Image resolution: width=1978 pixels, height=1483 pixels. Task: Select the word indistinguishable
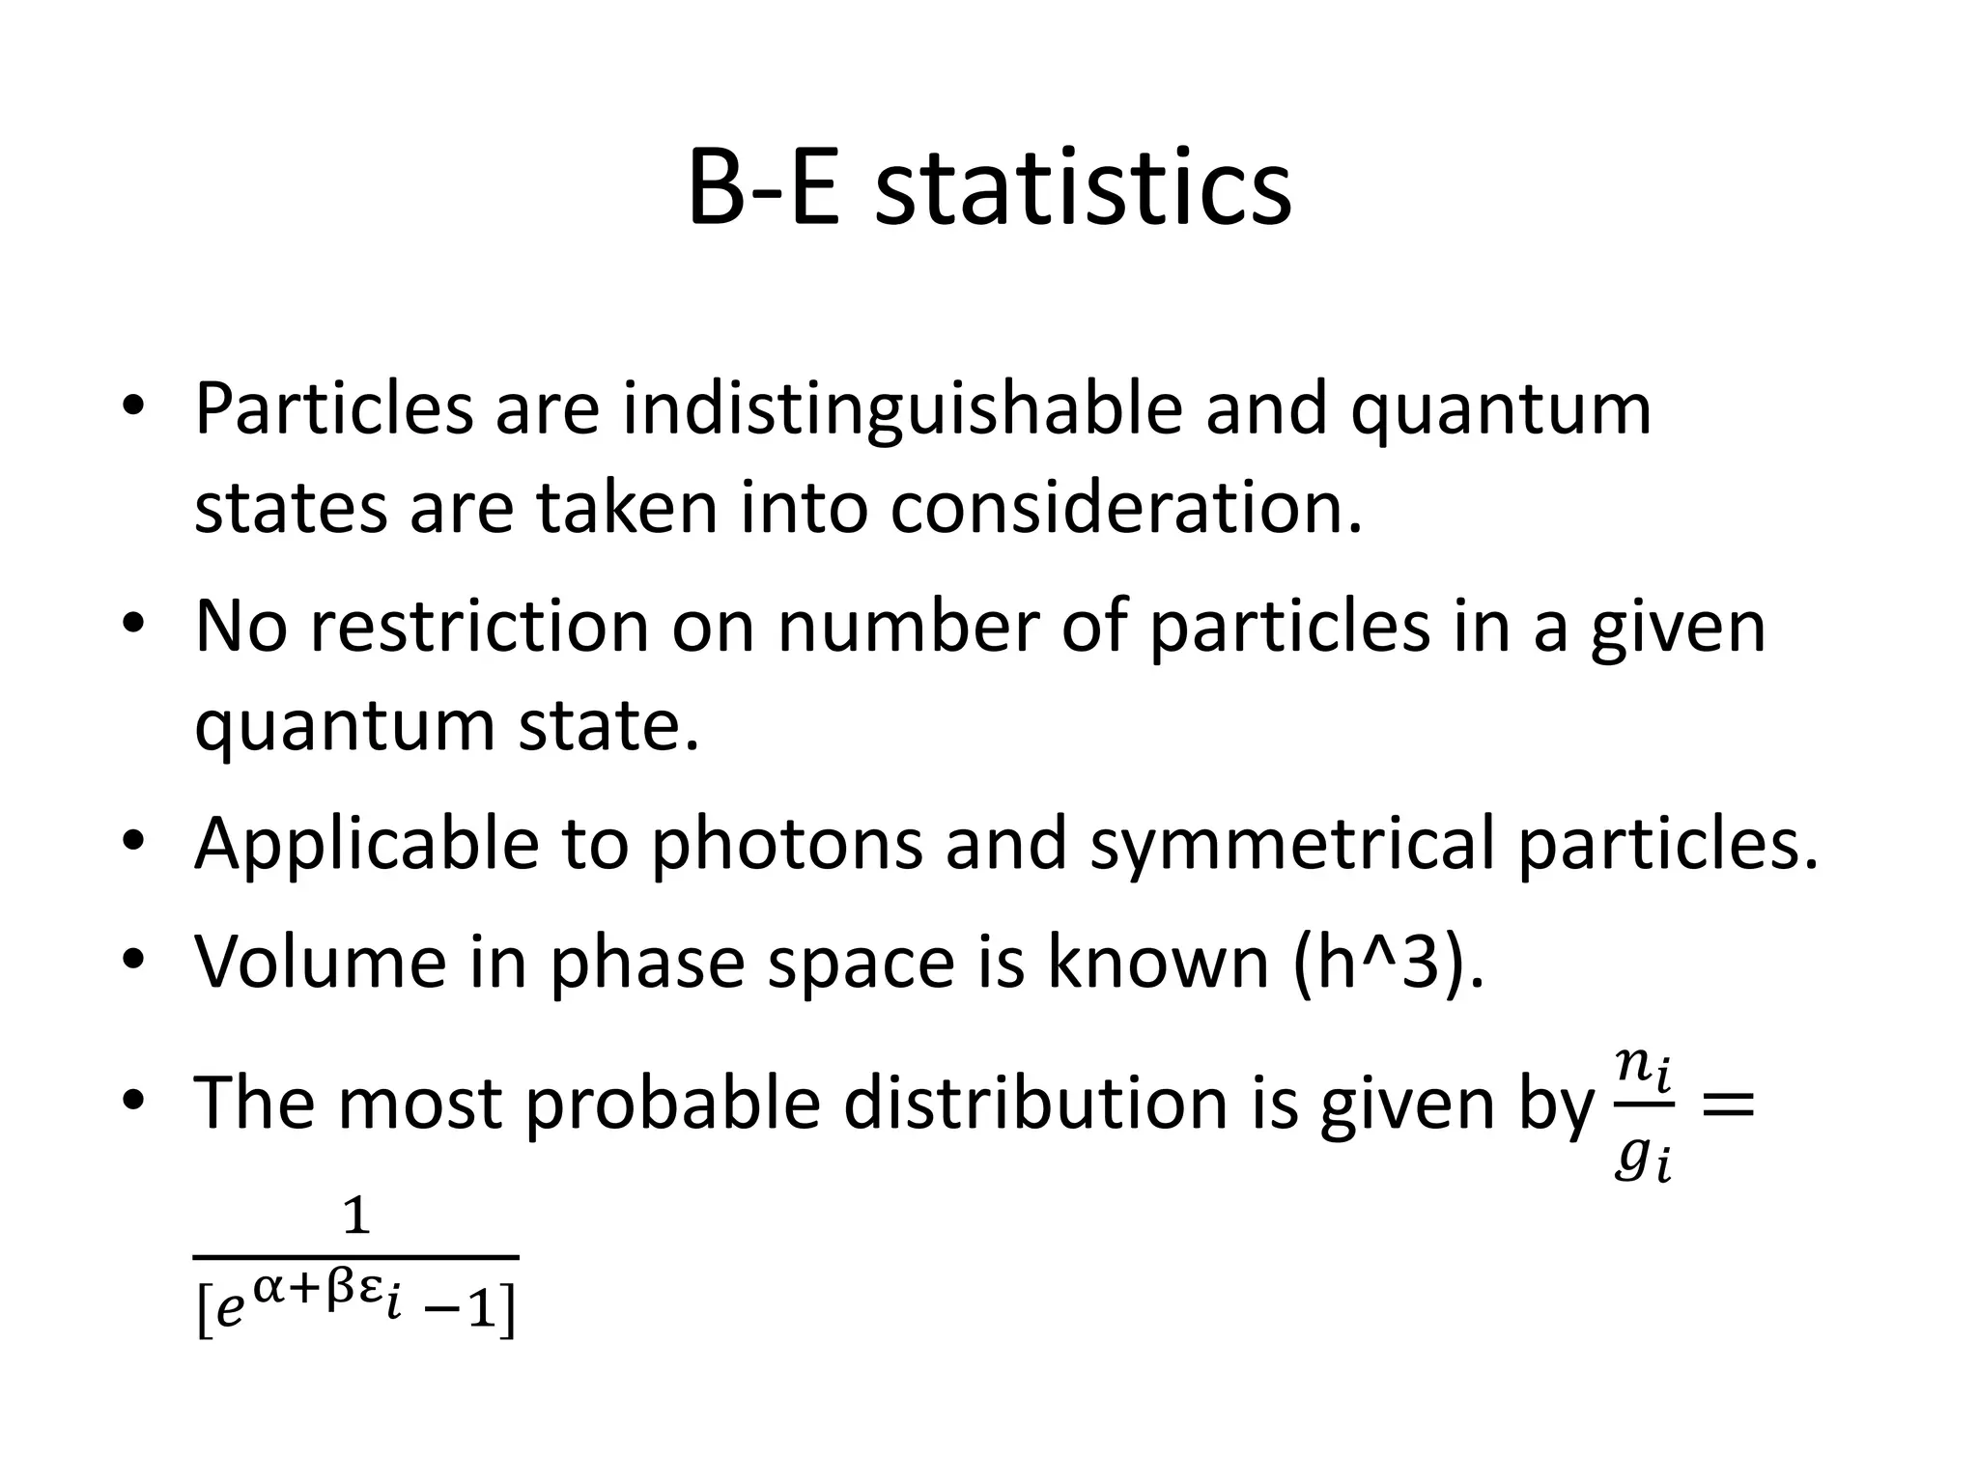coord(902,408)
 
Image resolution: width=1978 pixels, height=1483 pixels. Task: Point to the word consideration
coord(1126,508)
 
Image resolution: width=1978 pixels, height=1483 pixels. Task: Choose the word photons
coord(786,843)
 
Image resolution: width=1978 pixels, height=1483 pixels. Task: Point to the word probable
coord(672,1103)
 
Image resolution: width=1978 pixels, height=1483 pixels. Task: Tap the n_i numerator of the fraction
coord(1643,1068)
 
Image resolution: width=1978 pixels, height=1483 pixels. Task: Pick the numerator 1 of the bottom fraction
coord(356,1217)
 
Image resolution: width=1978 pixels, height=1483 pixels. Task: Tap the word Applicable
coord(366,843)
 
